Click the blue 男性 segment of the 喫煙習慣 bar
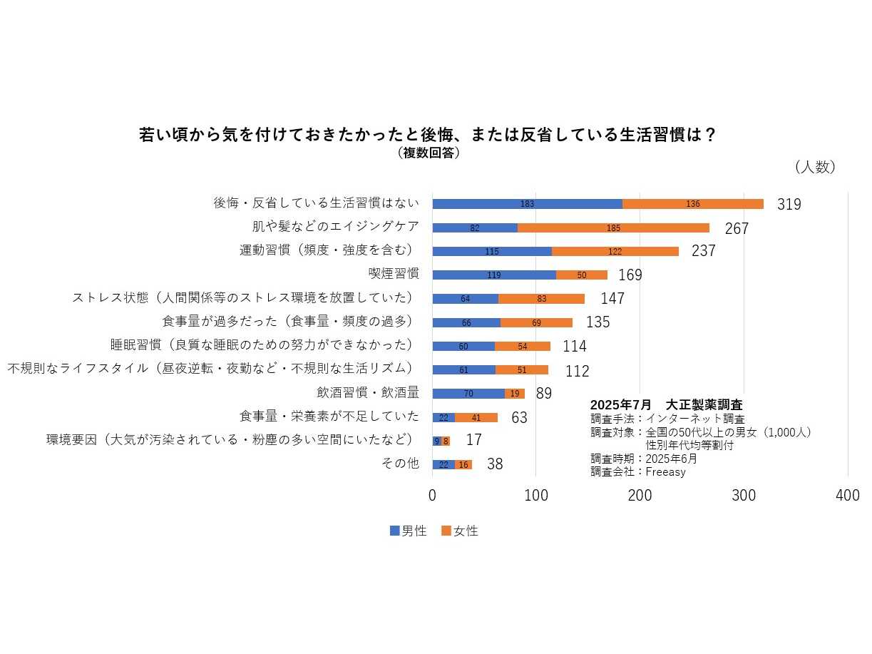[494, 275]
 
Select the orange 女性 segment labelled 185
[613, 228]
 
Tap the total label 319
[789, 205]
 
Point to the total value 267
[737, 229]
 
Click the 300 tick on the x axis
[744, 496]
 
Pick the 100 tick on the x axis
[536, 496]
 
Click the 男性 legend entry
[409, 531]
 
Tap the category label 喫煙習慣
[394, 274]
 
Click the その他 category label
[400, 464]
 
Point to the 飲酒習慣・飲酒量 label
[368, 392]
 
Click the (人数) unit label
[815, 167]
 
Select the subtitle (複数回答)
[428, 153]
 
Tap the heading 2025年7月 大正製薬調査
[666, 405]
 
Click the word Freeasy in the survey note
[665, 471]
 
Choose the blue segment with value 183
[527, 204]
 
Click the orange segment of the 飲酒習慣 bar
[515, 394]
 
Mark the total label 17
[473, 440]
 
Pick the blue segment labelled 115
[492, 252]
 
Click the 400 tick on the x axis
[848, 496]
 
